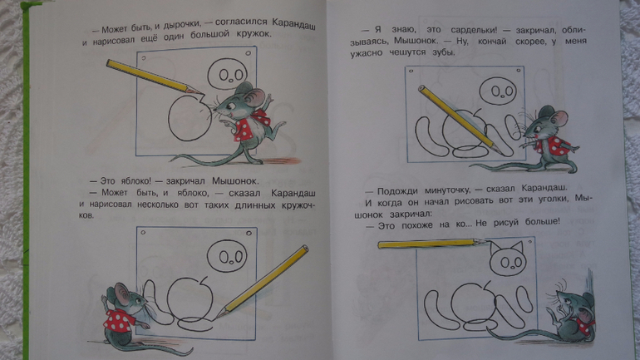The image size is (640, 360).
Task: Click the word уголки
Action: pos(553,199)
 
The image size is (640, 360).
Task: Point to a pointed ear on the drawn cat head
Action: pos(496,248)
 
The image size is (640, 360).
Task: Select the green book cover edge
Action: pos(26,180)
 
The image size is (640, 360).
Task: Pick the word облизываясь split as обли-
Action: pos(574,30)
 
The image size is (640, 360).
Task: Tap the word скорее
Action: pos(530,42)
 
